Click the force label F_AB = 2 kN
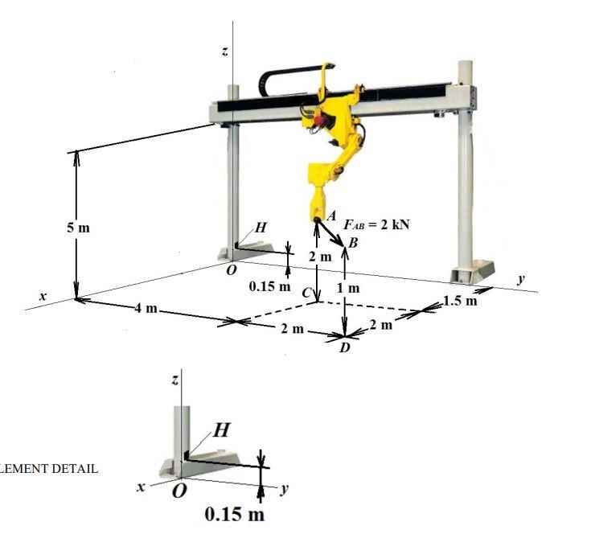(x=376, y=224)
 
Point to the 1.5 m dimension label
(x=460, y=302)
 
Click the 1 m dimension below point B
(x=348, y=287)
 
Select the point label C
(x=306, y=295)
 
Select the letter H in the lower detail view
(x=222, y=431)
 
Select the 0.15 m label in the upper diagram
(x=269, y=286)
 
